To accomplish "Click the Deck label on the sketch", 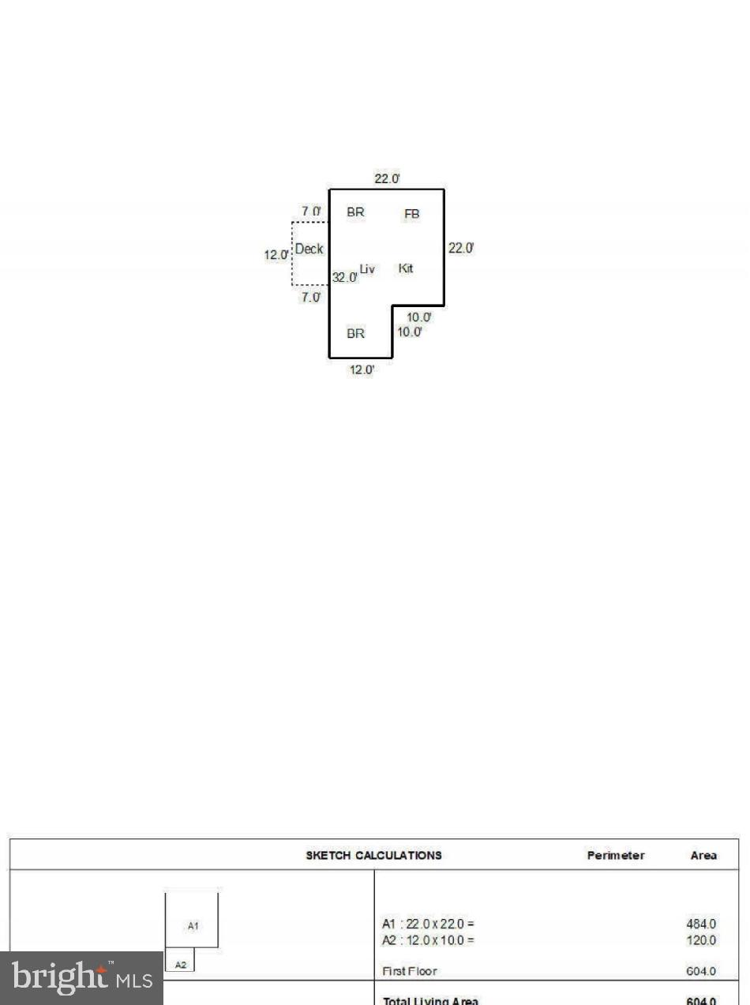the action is (309, 249).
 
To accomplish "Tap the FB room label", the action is (412, 214).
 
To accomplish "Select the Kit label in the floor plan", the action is (406, 268).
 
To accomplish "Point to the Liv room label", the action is (367, 269).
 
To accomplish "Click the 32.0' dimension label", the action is (344, 278).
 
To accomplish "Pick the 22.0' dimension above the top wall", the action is (387, 179).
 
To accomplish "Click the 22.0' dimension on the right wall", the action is (461, 248).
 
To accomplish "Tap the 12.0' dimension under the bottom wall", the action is (361, 369).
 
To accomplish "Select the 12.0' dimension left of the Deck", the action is (276, 256).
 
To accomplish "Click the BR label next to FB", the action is (356, 212).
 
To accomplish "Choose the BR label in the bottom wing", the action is (356, 334).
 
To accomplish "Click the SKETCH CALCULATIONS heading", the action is (373, 855).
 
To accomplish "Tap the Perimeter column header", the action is (615, 855).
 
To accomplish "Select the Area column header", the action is (703, 855).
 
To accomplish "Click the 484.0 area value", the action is (701, 924).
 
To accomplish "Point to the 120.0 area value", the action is (701, 940).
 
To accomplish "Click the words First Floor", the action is (409, 971).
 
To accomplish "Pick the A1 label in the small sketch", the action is (193, 926).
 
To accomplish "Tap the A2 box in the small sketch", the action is (181, 964).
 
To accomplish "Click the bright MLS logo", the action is (81, 979).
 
